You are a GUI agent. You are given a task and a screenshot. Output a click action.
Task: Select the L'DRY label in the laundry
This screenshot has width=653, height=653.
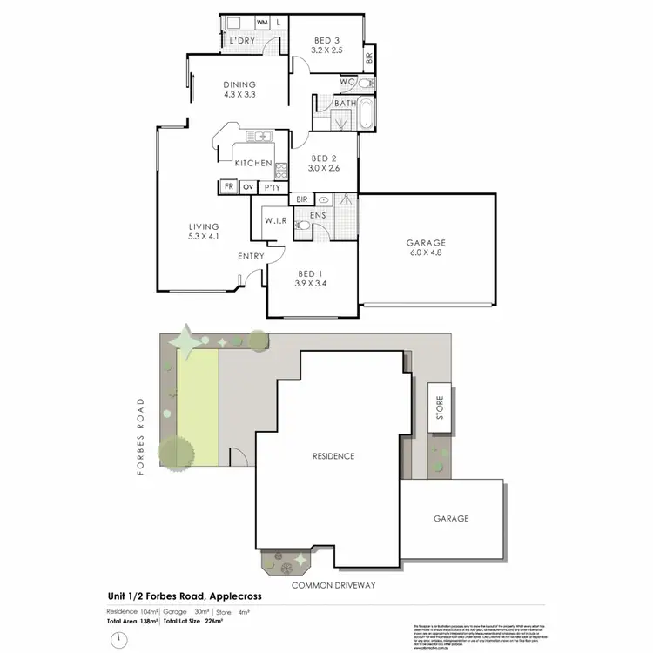[240, 41]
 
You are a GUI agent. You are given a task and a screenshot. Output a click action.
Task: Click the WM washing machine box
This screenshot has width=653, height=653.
[262, 22]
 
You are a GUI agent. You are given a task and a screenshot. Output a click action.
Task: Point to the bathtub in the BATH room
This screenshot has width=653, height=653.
[366, 114]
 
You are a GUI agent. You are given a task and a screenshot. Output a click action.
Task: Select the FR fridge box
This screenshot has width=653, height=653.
[228, 187]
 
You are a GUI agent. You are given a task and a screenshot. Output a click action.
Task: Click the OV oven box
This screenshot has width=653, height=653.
[248, 187]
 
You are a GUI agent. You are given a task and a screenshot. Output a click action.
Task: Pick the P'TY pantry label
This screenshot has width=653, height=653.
[273, 187]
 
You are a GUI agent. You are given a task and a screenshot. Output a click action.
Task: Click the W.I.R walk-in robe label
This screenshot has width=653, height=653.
[275, 219]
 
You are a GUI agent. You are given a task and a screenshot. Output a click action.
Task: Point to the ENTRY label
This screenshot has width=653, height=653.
[252, 256]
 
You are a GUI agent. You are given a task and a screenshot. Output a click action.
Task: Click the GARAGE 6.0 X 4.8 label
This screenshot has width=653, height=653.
[426, 248]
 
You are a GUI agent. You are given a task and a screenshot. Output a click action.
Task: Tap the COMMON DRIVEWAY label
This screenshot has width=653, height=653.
[333, 585]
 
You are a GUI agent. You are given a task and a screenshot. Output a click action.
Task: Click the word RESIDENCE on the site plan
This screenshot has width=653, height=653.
[334, 456]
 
